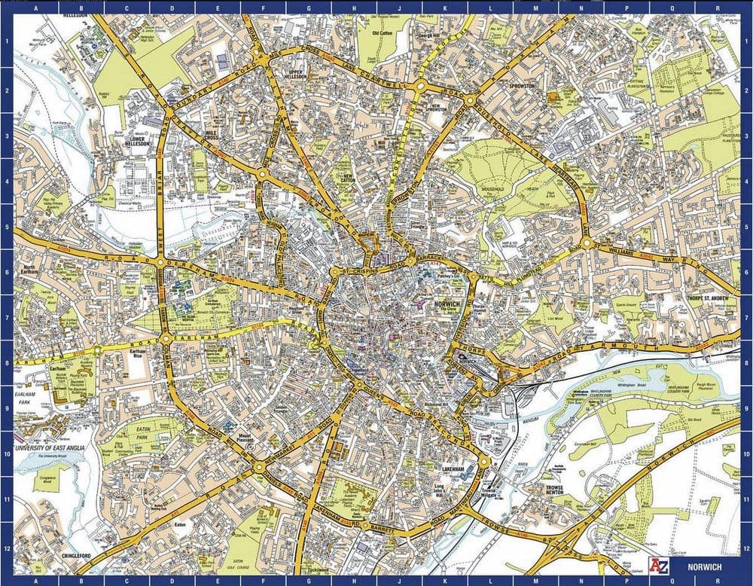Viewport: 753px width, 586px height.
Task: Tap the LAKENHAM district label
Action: pyautogui.click(x=457, y=469)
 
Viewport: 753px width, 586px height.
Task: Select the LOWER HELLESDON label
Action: pyautogui.click(x=136, y=142)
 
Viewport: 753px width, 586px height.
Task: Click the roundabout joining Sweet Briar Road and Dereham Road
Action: pyautogui.click(x=161, y=261)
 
